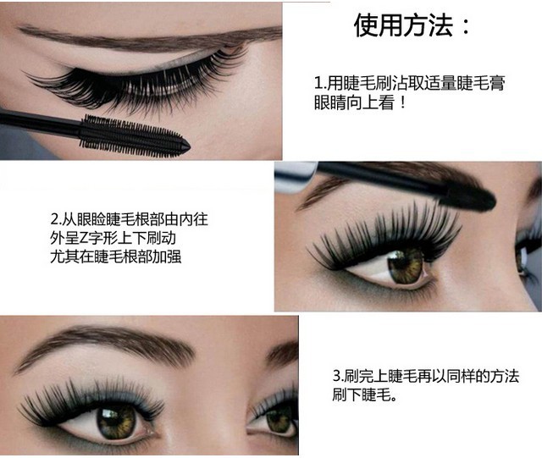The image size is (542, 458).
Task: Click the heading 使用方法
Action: pyautogui.click(x=401, y=25)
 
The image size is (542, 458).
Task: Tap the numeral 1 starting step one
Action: pyautogui.click(x=318, y=84)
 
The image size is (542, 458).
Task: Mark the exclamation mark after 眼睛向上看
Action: pyautogui.click(x=404, y=102)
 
